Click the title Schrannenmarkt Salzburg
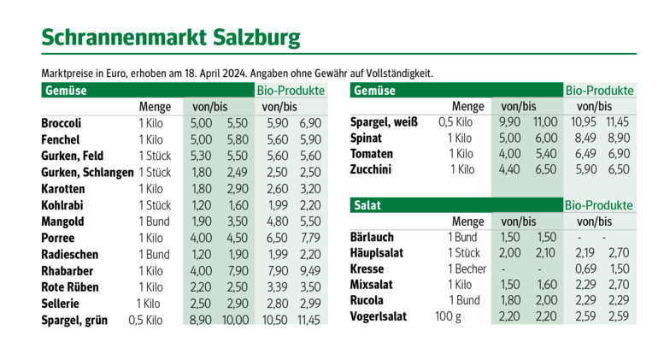pyautogui.click(x=171, y=38)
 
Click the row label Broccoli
pyautogui.click(x=62, y=123)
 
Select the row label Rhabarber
pyautogui.click(x=67, y=270)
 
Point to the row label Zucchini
pyautogui.click(x=373, y=169)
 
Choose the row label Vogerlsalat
pyautogui.click(x=378, y=316)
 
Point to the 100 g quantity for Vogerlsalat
pyautogui.click(x=448, y=316)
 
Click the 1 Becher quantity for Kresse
pyautogui.click(x=467, y=269)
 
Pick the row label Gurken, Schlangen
pyautogui.click(x=87, y=172)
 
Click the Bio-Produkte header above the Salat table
pyautogui.click(x=598, y=206)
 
